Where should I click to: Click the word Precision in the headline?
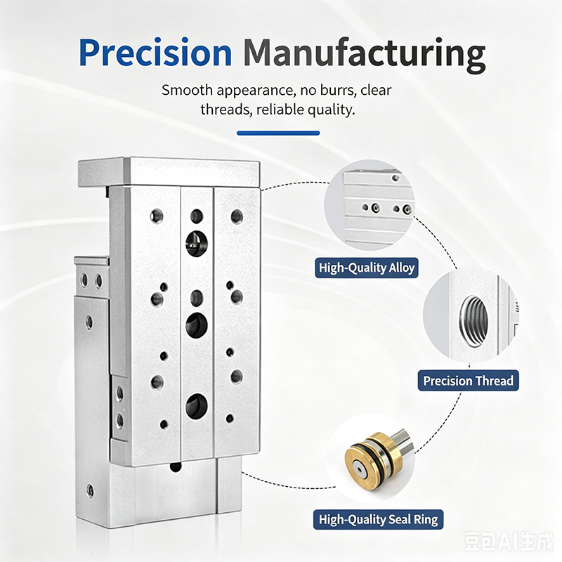[x=155, y=53]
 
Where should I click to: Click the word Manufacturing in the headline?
[x=364, y=55]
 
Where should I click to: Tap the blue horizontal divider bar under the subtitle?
[x=278, y=133]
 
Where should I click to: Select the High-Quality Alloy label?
[x=367, y=268]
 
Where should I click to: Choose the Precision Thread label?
[x=468, y=381]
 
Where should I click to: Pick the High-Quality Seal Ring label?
[x=378, y=519]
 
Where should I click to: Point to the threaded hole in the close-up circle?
[x=473, y=320]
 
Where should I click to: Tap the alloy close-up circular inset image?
[x=370, y=205]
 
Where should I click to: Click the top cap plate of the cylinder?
[x=169, y=172]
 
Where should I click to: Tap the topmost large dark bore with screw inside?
[x=197, y=243]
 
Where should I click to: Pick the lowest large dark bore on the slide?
[x=197, y=406]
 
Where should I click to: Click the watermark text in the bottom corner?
[x=508, y=541]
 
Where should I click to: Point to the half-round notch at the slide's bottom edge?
[x=176, y=466]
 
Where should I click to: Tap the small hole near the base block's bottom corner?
[x=91, y=490]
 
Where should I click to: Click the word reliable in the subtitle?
[x=277, y=110]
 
